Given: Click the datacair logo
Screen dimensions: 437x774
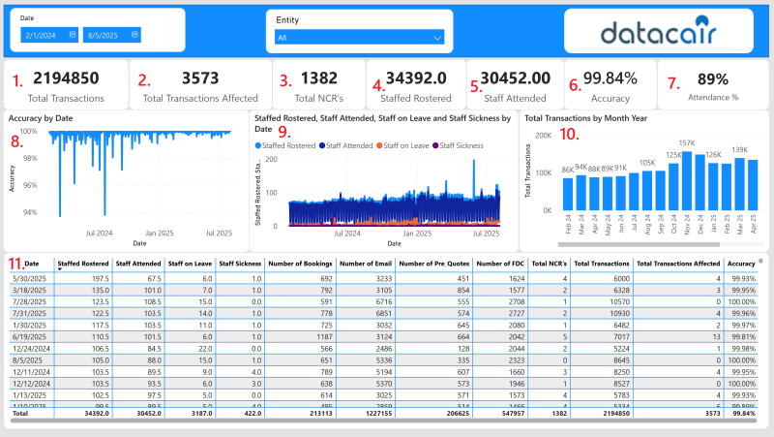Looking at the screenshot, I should tap(658, 32).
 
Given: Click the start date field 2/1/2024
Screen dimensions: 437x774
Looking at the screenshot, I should tap(48, 35).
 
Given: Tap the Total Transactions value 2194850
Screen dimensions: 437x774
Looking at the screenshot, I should tap(67, 78).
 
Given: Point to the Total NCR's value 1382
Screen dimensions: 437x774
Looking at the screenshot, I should tap(319, 78).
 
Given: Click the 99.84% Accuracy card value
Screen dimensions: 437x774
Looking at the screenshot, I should tap(610, 78).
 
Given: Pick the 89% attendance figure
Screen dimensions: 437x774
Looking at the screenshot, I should tap(712, 78).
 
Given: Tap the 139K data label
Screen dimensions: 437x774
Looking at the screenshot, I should tap(740, 149).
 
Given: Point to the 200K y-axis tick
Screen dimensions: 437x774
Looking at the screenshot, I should tap(542, 136).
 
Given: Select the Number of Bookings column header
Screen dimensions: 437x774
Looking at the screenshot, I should tap(300, 264).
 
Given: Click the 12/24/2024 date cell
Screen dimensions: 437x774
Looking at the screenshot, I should tap(30, 346).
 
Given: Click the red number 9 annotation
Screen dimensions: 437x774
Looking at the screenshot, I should tap(283, 131).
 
